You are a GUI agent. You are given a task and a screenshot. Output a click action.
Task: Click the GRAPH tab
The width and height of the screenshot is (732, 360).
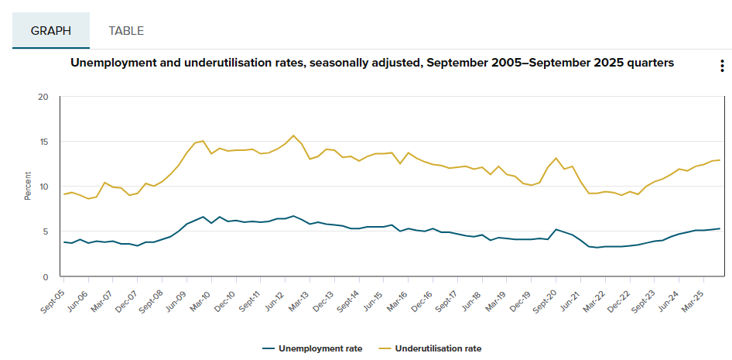tap(50, 31)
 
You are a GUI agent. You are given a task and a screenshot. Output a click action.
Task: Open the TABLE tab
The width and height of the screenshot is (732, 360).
tap(126, 31)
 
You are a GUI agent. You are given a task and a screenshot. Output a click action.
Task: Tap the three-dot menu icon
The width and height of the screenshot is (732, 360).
tap(721, 66)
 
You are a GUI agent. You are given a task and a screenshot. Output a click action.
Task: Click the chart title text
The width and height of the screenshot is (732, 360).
tap(371, 63)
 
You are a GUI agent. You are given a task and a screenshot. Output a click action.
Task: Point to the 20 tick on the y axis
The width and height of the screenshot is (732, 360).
tap(43, 97)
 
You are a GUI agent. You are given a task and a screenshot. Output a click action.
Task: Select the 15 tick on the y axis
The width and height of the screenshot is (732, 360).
tap(43, 142)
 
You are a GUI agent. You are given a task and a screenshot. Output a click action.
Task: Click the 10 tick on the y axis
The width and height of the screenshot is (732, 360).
tap(43, 187)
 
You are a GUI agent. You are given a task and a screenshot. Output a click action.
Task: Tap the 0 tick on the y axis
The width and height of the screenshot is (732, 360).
tap(46, 276)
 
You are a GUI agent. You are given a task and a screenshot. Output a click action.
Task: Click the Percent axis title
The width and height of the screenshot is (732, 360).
tap(28, 187)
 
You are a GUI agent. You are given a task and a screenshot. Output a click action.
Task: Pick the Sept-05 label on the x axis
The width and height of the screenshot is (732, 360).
tap(52, 298)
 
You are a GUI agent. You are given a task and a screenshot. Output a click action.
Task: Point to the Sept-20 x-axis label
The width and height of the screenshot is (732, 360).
tap(543, 298)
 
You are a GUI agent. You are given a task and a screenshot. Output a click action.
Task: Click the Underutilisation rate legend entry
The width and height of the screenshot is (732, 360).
tap(437, 348)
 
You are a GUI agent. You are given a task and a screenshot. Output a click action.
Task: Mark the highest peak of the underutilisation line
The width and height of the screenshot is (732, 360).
tap(292, 135)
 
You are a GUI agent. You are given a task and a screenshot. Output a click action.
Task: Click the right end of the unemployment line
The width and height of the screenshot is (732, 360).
tap(720, 228)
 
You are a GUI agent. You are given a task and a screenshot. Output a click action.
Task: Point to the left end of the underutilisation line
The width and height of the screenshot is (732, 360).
tap(64, 194)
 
